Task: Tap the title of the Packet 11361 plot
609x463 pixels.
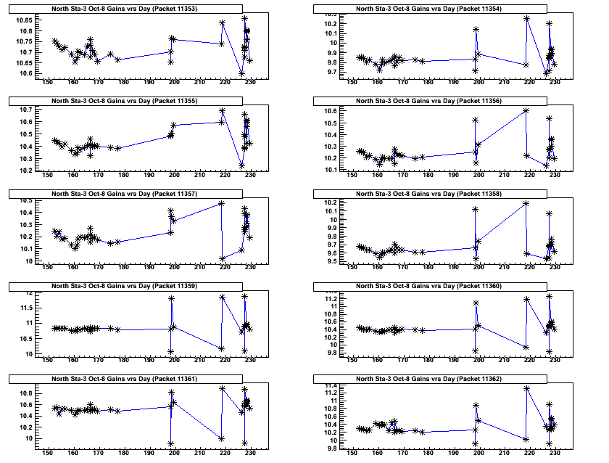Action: tap(138, 379)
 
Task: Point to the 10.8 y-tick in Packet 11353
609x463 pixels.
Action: tap(23, 31)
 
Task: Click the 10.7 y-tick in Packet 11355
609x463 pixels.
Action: tap(23, 110)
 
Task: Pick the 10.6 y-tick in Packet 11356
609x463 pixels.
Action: tap(328, 110)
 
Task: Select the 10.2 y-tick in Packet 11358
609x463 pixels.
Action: tap(328, 202)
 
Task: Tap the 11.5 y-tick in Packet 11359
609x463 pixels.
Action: tap(23, 308)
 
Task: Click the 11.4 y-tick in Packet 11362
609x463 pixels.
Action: tap(328, 386)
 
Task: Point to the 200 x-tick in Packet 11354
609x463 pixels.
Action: tap(478, 84)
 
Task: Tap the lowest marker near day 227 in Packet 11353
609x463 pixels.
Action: tap(241, 73)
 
